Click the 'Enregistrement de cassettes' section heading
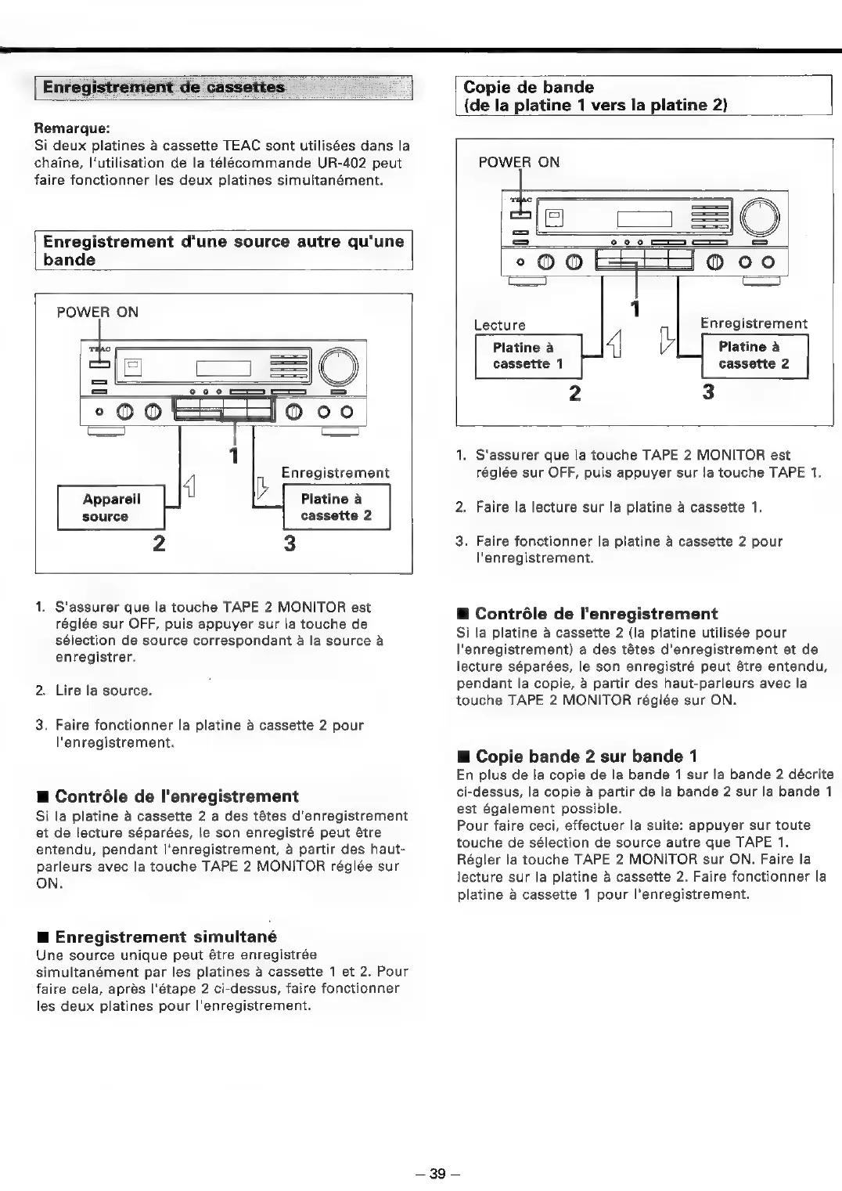click(164, 87)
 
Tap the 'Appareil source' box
click(111, 507)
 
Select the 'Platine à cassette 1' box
click(527, 355)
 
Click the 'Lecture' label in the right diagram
click(500, 325)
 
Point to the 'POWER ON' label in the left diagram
click(98, 312)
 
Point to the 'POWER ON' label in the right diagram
click(519, 162)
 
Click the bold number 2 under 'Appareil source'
click(158, 542)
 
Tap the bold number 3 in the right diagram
click(708, 392)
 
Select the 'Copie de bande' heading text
click(529, 87)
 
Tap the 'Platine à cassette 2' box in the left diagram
click(336, 507)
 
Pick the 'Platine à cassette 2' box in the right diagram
click(754, 355)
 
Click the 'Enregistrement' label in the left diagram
click(335, 473)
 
